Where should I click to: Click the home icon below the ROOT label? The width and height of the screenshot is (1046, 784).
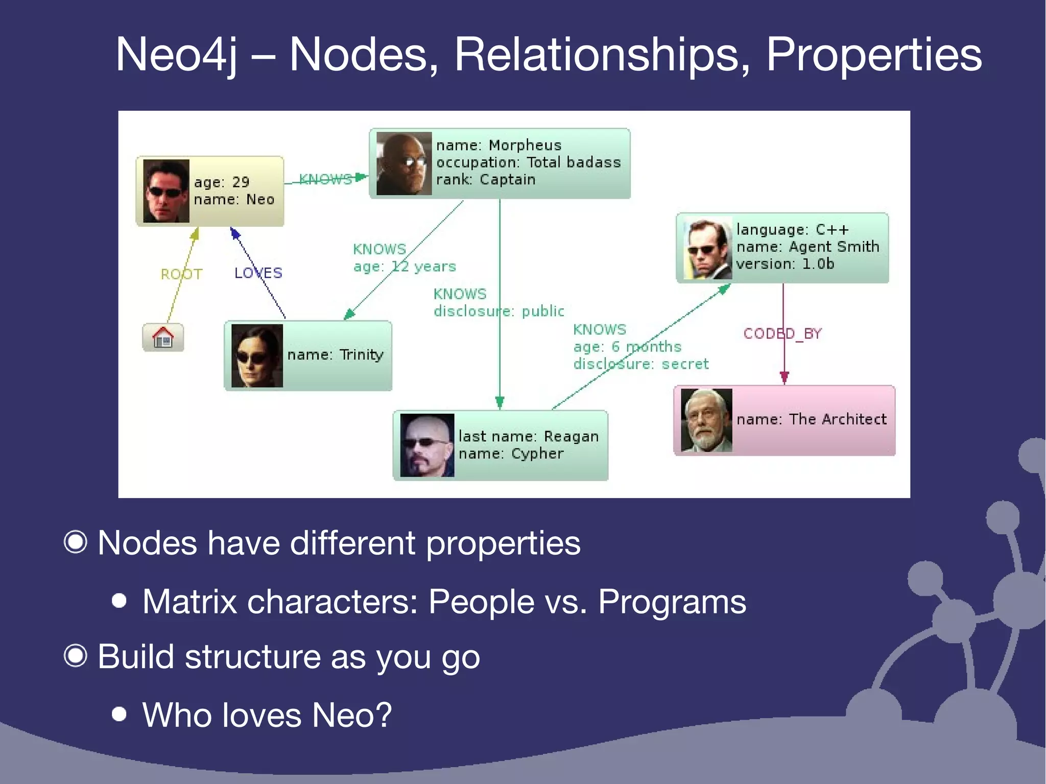(x=163, y=338)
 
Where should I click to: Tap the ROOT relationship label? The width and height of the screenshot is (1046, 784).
(x=181, y=274)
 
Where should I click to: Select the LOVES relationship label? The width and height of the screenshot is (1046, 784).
(x=258, y=273)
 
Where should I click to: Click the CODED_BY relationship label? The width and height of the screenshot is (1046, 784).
(x=782, y=334)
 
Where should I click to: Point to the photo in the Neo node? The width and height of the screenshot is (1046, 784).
(x=166, y=191)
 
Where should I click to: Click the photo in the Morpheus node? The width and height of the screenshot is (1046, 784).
(x=403, y=163)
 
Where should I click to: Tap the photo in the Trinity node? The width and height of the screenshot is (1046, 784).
(x=257, y=355)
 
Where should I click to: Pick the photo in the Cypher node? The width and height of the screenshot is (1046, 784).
(x=427, y=445)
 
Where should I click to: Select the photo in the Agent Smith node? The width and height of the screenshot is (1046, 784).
(x=707, y=249)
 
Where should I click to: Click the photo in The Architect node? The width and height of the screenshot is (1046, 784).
(x=706, y=420)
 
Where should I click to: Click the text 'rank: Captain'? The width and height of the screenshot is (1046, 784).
(x=485, y=180)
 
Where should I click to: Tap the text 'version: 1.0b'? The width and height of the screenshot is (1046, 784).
(x=785, y=264)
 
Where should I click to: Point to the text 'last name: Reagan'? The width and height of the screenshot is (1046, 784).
(x=528, y=437)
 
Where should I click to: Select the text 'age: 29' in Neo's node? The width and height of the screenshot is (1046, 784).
(x=222, y=182)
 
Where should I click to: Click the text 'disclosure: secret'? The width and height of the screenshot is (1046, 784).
(x=640, y=364)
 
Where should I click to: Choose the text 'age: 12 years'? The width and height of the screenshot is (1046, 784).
(x=405, y=267)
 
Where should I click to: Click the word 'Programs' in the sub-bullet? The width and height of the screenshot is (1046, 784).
(x=672, y=602)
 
